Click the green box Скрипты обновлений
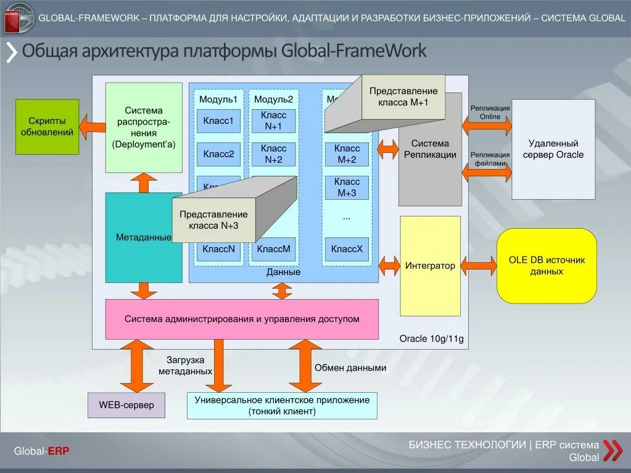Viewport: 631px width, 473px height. click(x=47, y=127)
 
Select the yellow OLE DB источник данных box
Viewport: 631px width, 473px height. click(x=546, y=266)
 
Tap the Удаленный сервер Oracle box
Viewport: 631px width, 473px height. click(x=553, y=149)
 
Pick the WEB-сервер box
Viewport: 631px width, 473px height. click(x=126, y=405)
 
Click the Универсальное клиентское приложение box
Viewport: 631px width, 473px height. click(x=282, y=406)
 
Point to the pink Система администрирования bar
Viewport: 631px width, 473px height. click(x=242, y=319)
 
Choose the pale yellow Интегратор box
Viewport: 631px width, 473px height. click(x=430, y=266)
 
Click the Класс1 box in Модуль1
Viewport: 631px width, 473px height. click(x=218, y=121)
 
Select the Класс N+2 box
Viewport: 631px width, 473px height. click(x=273, y=154)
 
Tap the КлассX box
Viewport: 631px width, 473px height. click(x=347, y=249)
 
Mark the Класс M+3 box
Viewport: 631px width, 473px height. click(x=347, y=187)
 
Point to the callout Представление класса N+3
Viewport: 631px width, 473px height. click(x=213, y=220)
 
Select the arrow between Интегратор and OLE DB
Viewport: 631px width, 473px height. click(x=478, y=266)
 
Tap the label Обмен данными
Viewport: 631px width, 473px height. click(x=350, y=368)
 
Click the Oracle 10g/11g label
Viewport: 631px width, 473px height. click(x=431, y=339)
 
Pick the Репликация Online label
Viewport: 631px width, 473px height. click(x=490, y=112)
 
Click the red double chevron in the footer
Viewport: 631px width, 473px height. click(x=612, y=451)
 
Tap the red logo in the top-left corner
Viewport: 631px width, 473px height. click(x=19, y=17)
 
